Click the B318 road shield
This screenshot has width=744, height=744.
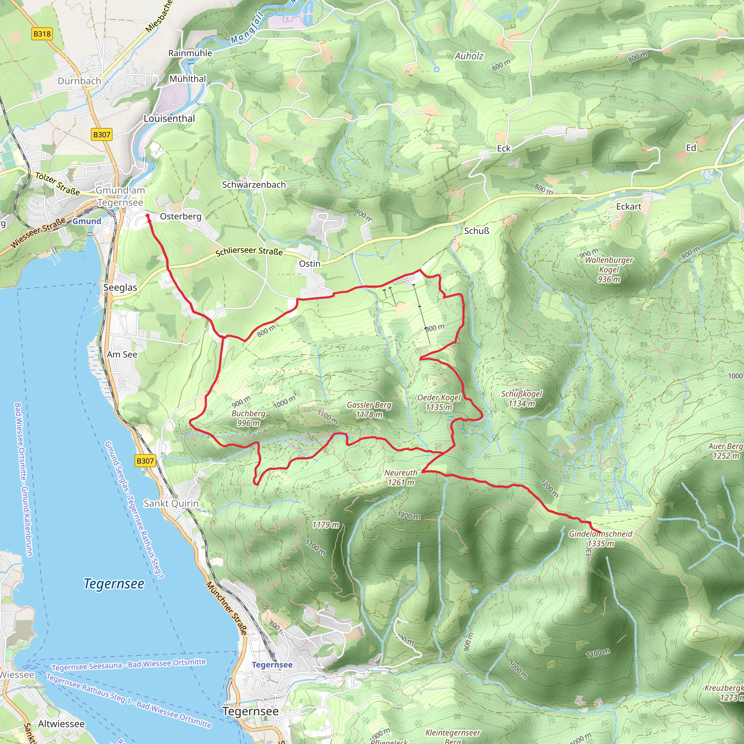tap(42, 34)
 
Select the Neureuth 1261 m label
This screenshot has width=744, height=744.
tap(401, 477)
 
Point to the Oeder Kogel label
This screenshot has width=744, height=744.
tap(438, 402)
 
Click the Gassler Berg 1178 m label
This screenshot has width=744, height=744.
tap(369, 409)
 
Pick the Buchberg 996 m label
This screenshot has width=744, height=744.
tap(248, 418)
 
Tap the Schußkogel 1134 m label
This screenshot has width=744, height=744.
tap(521, 398)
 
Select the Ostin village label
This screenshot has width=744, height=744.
tap(310, 264)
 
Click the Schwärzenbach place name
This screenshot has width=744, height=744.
tap(254, 185)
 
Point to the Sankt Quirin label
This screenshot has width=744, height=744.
tap(171, 503)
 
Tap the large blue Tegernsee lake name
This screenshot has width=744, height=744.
tap(114, 583)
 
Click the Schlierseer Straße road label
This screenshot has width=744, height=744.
tap(249, 251)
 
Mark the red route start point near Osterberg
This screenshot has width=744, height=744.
tap(147, 216)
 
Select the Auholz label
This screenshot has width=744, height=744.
tap(469, 56)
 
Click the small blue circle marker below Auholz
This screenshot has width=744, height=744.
tap(436, 69)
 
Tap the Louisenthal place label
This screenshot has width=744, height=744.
tap(169, 118)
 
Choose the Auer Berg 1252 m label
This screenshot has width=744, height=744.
tap(725, 450)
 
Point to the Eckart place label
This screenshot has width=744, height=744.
tap(628, 207)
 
